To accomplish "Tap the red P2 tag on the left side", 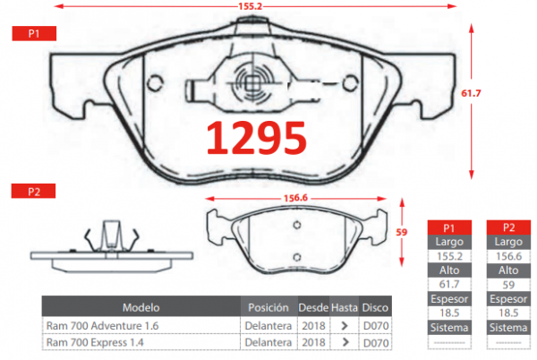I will (32, 191).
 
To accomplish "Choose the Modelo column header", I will (141, 307).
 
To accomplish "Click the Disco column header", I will (375, 307).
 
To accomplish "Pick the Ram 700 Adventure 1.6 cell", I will (102, 325).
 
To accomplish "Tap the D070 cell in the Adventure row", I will (375, 325).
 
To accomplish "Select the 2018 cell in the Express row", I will (313, 342).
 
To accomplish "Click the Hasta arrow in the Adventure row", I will (344, 325).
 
